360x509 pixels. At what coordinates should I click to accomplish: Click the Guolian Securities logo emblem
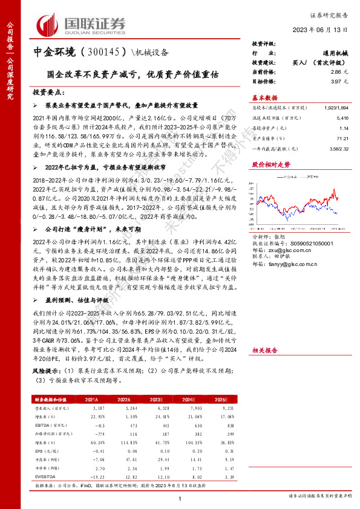[x=48, y=23]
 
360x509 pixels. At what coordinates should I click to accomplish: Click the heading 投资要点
[x=49, y=91]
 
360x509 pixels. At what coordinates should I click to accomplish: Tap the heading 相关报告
[x=264, y=350]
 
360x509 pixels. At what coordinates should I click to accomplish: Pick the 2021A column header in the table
[x=92, y=400]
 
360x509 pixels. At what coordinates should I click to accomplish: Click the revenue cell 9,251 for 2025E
[x=229, y=408]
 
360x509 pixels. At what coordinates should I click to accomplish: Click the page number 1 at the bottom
[x=180, y=497]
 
